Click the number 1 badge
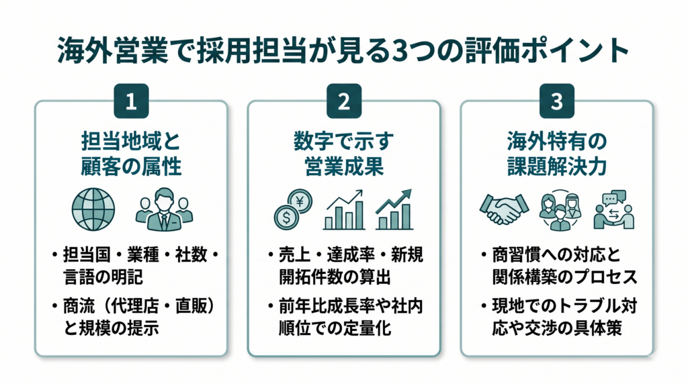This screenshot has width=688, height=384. (131, 101)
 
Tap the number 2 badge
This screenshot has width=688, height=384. (344, 101)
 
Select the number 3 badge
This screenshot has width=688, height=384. (557, 101)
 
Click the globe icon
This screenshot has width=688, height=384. (93, 209)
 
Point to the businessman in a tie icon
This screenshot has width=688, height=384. (164, 209)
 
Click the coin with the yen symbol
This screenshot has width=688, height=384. (300, 201)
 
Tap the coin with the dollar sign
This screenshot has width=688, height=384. (286, 218)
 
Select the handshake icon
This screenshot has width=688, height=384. (504, 209)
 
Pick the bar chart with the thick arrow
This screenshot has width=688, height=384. (394, 209)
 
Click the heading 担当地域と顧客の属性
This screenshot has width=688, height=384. (131, 154)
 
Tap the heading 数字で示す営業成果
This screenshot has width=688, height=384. (344, 154)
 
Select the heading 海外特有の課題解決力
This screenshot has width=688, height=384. (557, 154)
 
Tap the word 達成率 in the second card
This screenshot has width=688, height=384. (351, 254)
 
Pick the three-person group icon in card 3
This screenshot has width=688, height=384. (560, 210)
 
